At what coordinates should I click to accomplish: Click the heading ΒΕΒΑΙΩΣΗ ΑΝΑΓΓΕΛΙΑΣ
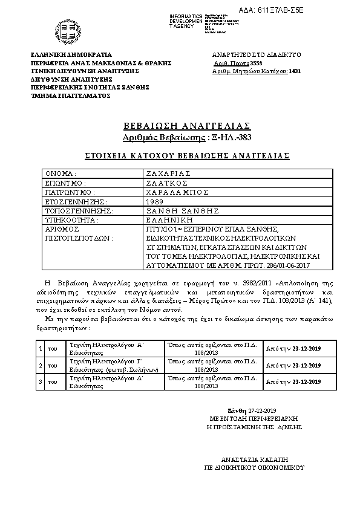186,126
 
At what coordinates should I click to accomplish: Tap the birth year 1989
154,201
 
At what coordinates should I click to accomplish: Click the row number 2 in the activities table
41,365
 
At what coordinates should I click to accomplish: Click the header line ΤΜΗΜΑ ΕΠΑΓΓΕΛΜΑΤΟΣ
71,96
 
